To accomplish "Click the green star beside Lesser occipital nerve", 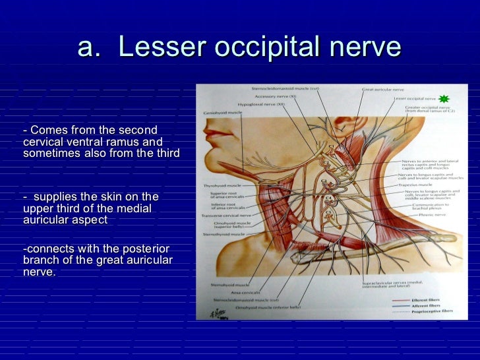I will (444, 98).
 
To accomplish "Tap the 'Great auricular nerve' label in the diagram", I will (379, 90).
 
